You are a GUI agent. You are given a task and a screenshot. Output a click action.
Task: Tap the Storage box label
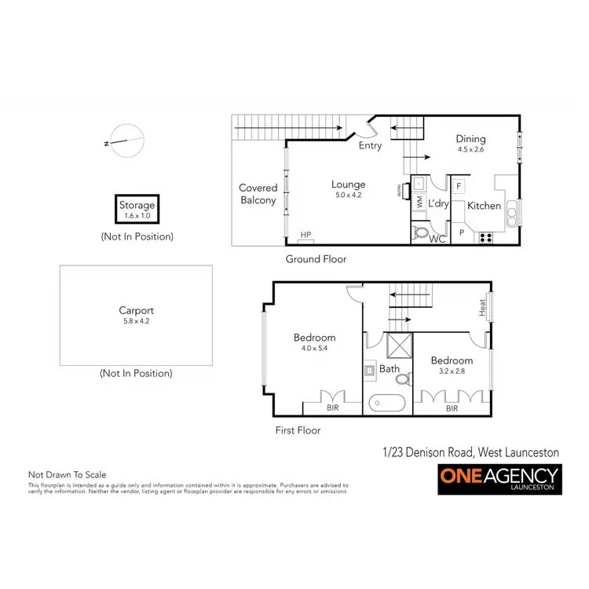point(137,205)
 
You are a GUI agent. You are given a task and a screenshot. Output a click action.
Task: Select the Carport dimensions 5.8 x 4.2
point(137,321)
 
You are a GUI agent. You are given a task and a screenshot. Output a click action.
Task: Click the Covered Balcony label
point(258,194)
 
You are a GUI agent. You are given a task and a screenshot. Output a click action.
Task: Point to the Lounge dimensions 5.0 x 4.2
point(348,196)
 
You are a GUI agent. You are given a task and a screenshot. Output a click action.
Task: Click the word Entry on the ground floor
point(370,146)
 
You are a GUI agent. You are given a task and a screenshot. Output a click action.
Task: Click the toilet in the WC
point(422,233)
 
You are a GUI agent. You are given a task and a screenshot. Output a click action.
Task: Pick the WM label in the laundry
point(419,202)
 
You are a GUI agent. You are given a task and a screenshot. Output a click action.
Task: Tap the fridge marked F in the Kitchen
point(459,186)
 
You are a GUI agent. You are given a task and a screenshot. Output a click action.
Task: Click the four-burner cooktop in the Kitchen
point(485,236)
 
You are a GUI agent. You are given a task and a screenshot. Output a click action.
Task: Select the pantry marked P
point(462,233)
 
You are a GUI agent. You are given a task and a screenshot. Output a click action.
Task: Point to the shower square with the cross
point(397,346)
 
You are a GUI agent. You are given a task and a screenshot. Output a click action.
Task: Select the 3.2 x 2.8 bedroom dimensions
point(448,372)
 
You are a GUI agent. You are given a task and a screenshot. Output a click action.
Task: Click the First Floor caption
point(298,430)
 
